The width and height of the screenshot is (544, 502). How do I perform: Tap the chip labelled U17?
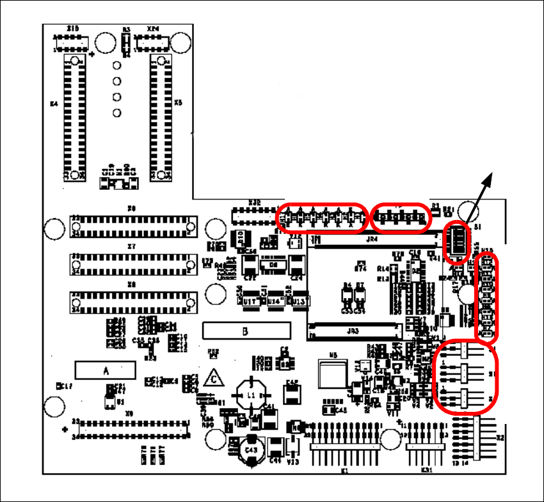250,301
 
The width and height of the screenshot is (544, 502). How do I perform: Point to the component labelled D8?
273,263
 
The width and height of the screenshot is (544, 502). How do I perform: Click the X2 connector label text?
500,438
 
